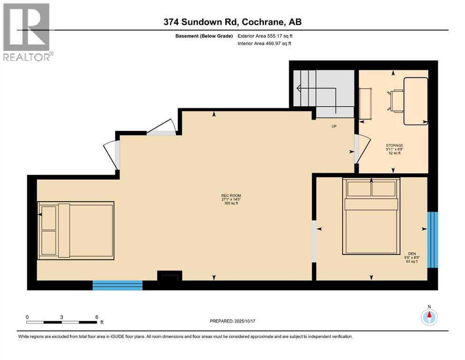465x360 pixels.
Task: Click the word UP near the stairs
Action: (334, 126)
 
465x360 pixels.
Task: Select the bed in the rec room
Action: (76, 230)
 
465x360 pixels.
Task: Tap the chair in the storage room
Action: (395, 101)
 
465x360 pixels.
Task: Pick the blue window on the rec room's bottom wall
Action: (117, 285)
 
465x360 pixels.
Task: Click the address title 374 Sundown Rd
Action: (232, 22)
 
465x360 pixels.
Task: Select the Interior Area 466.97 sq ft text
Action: (265, 44)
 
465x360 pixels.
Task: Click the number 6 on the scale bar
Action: (96, 317)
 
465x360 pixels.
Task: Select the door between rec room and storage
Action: (356, 149)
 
